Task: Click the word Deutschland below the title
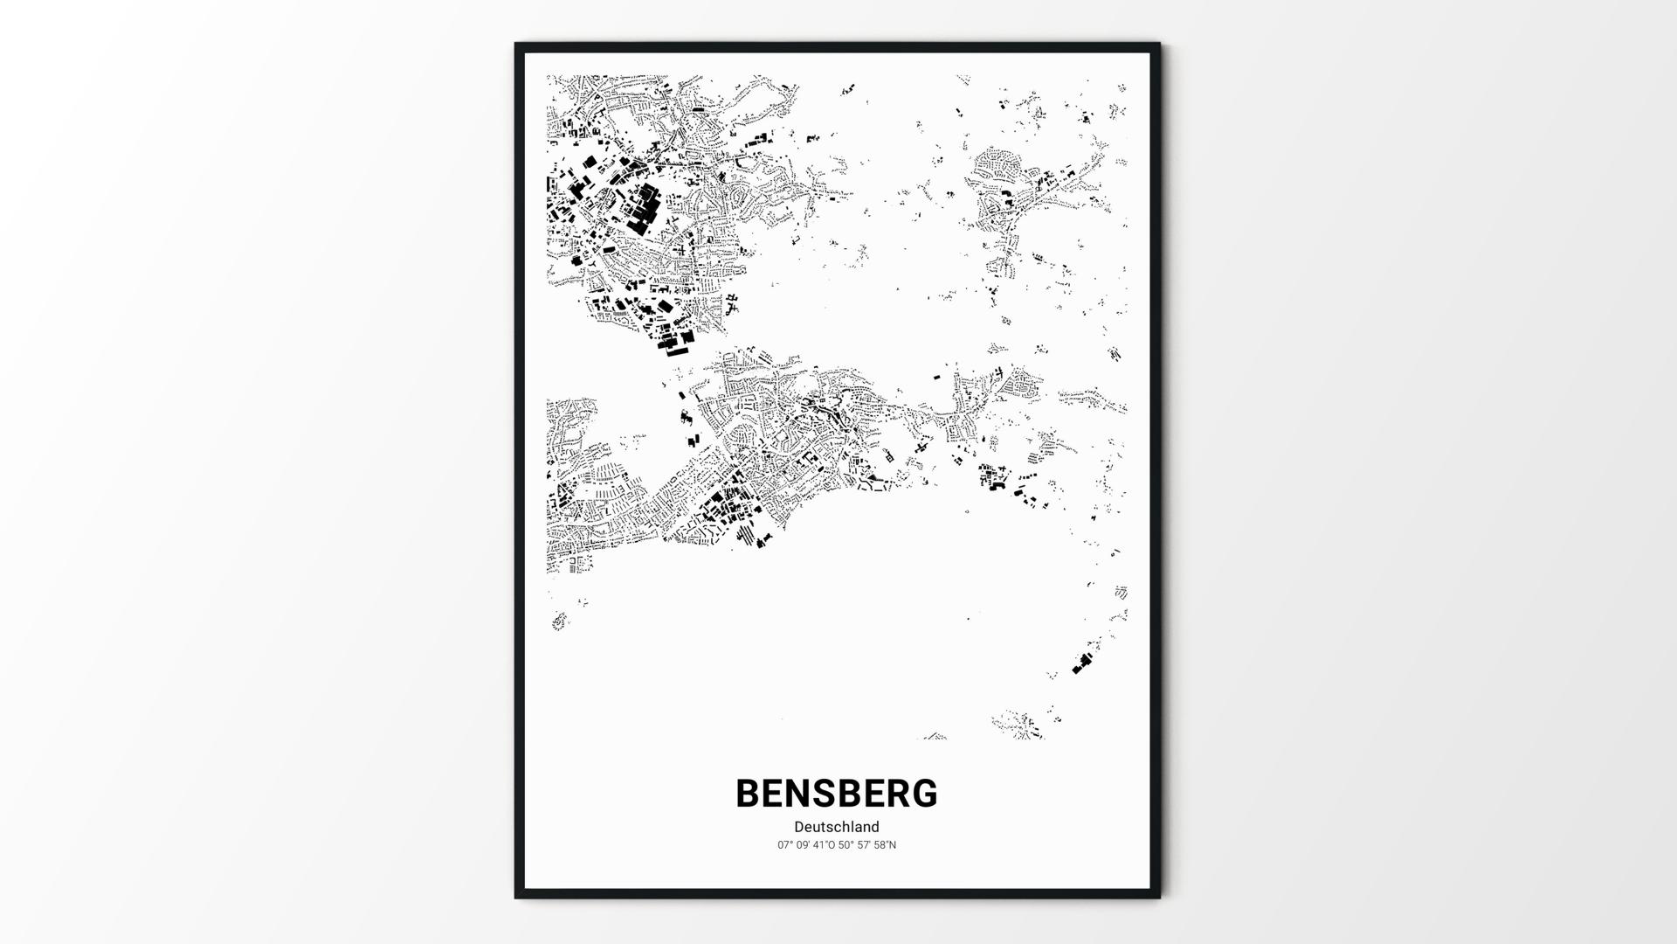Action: pos(837,827)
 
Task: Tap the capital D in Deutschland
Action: pos(799,827)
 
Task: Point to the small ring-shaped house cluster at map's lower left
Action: pos(559,621)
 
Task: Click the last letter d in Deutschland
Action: pos(875,827)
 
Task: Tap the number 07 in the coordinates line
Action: pos(783,845)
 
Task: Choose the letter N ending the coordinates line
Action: pos(893,845)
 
